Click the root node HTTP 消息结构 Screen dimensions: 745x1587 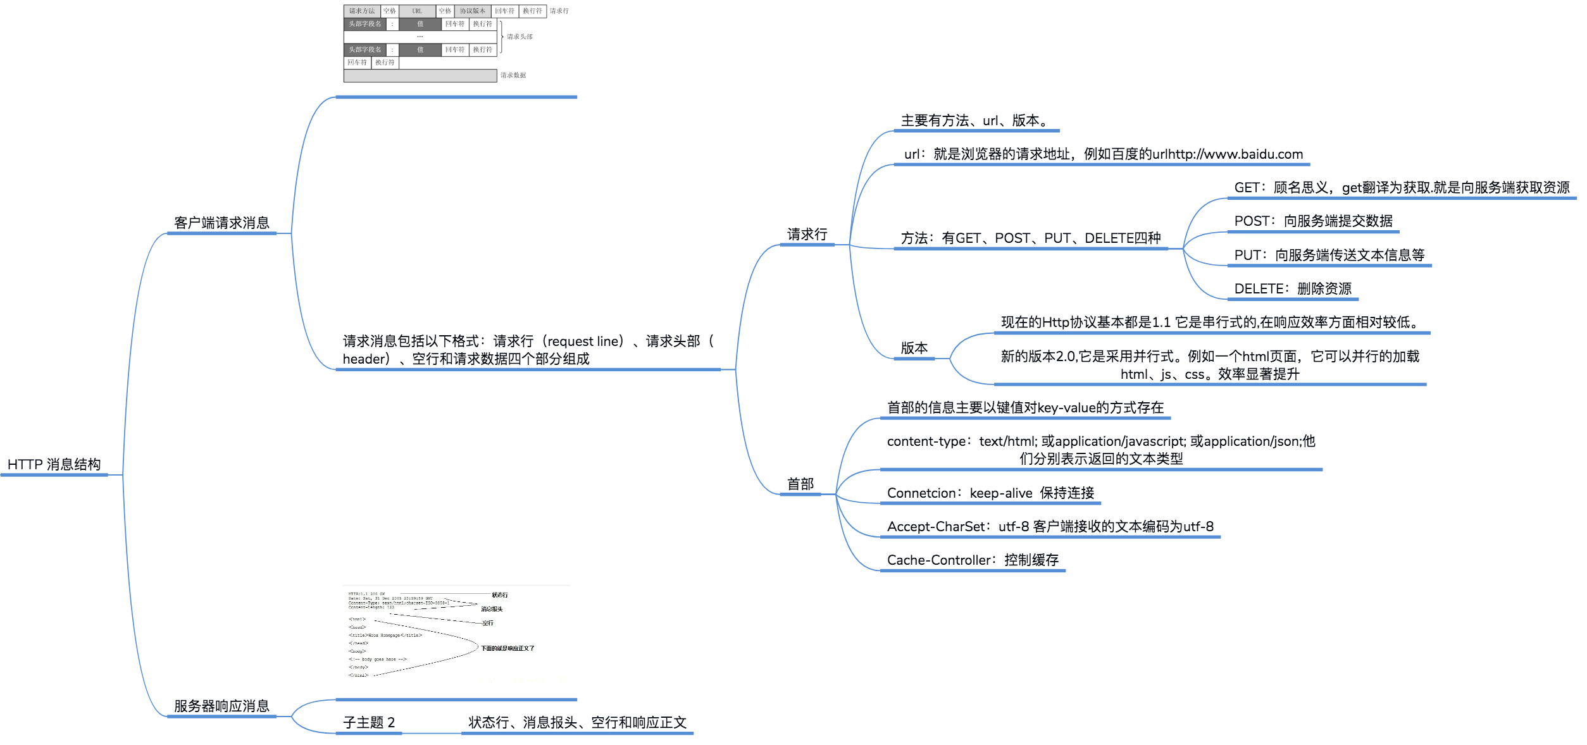54,465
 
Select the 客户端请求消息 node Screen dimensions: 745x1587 221,223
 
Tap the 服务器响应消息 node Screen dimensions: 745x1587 221,706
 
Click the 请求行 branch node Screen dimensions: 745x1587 807,235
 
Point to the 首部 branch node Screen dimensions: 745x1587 800,484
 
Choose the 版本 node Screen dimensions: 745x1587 914,348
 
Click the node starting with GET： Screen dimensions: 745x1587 1401,188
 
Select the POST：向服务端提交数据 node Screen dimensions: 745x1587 1313,221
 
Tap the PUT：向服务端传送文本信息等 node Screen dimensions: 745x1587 1329,256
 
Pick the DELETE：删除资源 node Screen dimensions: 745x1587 1292,289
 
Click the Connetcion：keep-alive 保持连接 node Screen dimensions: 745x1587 990,493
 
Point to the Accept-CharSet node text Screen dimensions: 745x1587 1050,527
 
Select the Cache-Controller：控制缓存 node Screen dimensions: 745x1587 973,560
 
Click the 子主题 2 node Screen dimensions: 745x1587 368,723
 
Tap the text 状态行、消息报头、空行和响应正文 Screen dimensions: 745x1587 577,723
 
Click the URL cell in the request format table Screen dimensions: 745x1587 417,11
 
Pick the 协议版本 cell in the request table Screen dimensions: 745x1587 472,11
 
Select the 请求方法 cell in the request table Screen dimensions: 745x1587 362,11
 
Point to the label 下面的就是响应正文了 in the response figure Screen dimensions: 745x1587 507,648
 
